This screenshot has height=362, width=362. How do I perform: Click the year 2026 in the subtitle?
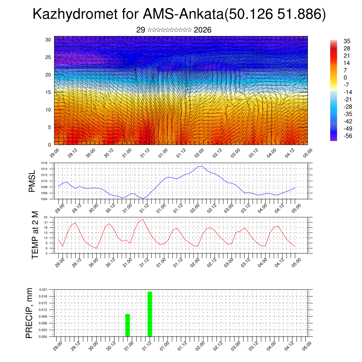[203, 30]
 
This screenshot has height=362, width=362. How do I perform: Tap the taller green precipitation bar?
[150, 314]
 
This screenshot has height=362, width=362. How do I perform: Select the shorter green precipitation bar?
[128, 325]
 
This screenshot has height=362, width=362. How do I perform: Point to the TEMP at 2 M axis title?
[35, 235]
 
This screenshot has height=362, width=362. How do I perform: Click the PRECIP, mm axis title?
[29, 313]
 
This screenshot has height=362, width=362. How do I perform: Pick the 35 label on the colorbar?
[347, 41]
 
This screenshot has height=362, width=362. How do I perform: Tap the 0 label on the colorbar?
[345, 77]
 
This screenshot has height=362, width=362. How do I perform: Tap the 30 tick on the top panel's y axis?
[48, 40]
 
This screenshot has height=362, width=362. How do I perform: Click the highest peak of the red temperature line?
[143, 220]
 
